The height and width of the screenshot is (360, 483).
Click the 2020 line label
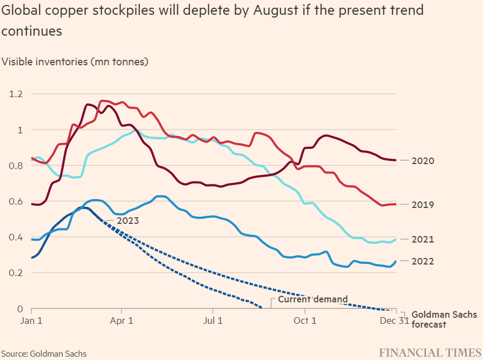coord(423,161)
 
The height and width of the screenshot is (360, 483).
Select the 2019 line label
coord(423,205)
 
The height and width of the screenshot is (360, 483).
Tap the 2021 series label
coord(423,239)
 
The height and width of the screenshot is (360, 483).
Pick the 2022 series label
coord(423,261)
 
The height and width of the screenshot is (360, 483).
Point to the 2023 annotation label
coord(127,221)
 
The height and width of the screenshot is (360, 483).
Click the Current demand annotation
coord(313,300)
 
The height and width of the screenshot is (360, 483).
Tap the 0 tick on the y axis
coord(21,309)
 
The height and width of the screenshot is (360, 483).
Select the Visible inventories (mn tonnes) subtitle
coord(75,61)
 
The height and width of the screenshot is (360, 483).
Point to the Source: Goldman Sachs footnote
coord(44,353)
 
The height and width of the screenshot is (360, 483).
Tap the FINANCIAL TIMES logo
coord(430,352)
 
